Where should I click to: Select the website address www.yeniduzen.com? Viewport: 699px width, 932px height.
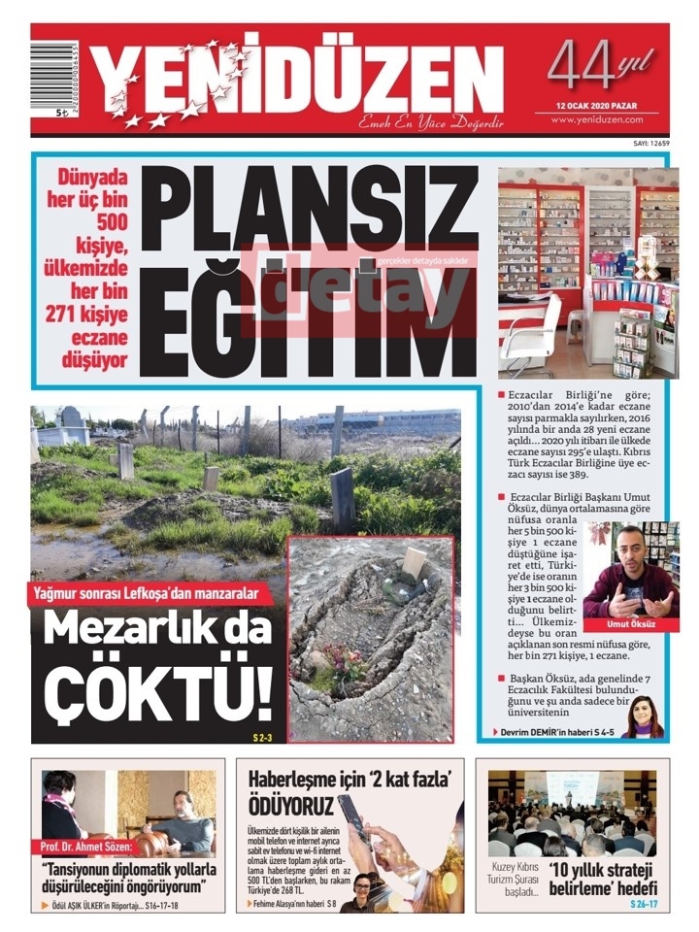point(598,119)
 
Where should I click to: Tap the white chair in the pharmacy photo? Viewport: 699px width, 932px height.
point(533,330)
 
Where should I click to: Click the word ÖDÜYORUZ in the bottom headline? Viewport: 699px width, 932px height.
point(291,805)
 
